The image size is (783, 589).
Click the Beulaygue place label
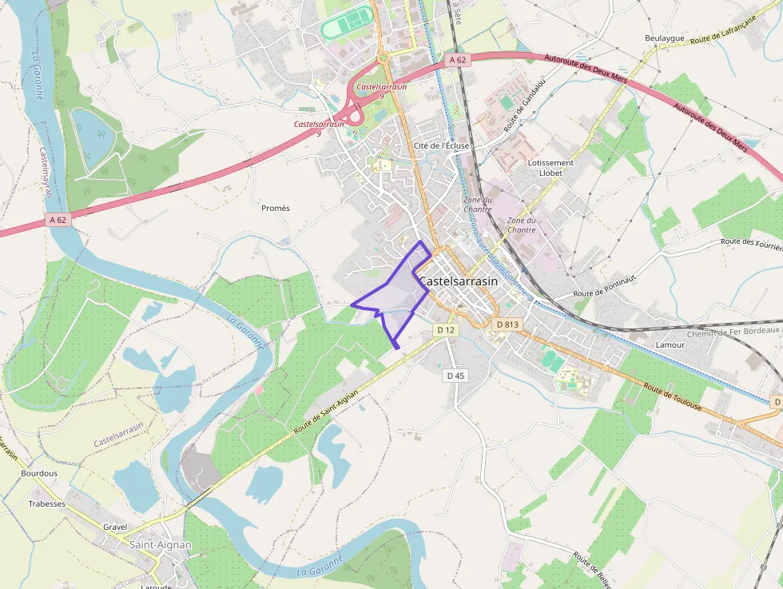[665, 38]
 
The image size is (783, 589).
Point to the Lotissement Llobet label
[550, 167]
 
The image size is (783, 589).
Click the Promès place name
[276, 208]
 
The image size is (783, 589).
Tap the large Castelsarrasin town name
[458, 281]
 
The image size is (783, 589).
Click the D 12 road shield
[446, 329]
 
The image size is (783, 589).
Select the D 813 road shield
[507, 324]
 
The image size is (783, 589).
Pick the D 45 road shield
[455, 375]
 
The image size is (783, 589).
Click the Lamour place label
[670, 344]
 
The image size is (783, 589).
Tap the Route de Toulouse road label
[673, 397]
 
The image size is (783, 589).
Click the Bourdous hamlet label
[39, 473]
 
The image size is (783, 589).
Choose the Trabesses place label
[47, 503]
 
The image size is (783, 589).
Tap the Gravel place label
[115, 527]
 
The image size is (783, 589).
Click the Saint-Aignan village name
[160, 544]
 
